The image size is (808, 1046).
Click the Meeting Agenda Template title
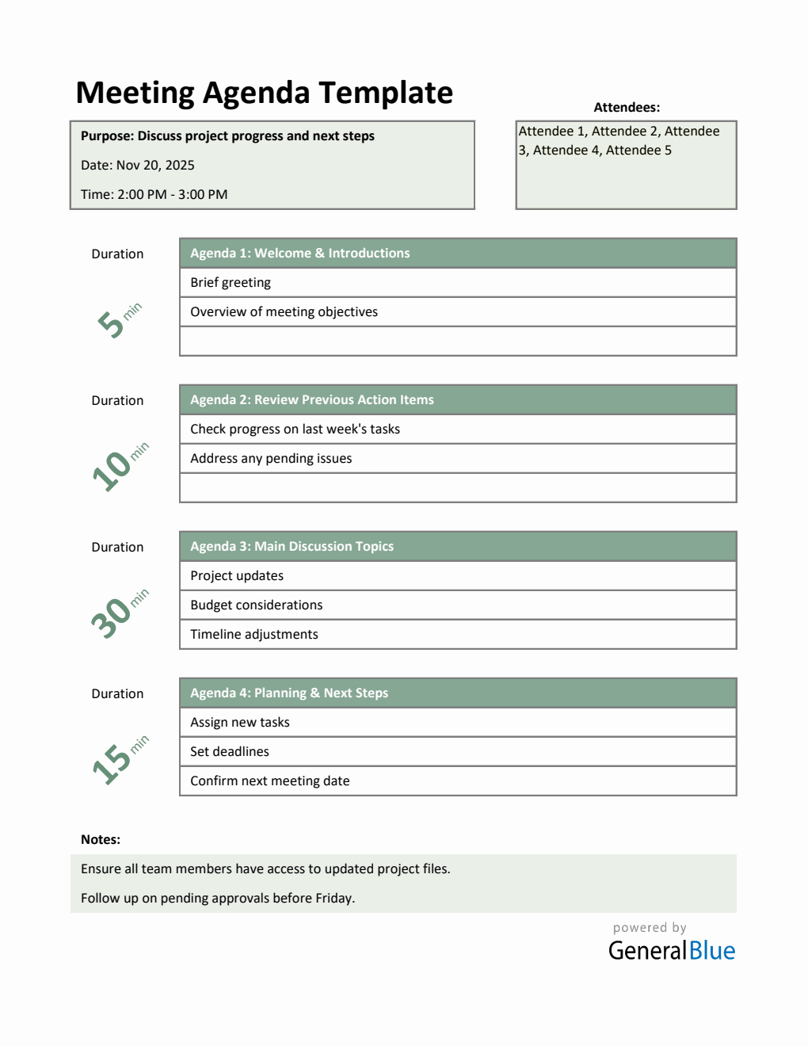tap(264, 94)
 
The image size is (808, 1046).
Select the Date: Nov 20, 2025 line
tap(138, 166)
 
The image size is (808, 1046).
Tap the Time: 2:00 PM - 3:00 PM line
tap(154, 195)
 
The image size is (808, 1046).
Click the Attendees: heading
tap(627, 108)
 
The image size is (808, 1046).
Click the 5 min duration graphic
tap(119, 319)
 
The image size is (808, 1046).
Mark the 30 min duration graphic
tap(119, 613)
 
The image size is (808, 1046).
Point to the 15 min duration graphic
tap(119, 760)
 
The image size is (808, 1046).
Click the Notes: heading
tap(101, 840)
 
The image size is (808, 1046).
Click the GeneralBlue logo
tap(671, 950)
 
